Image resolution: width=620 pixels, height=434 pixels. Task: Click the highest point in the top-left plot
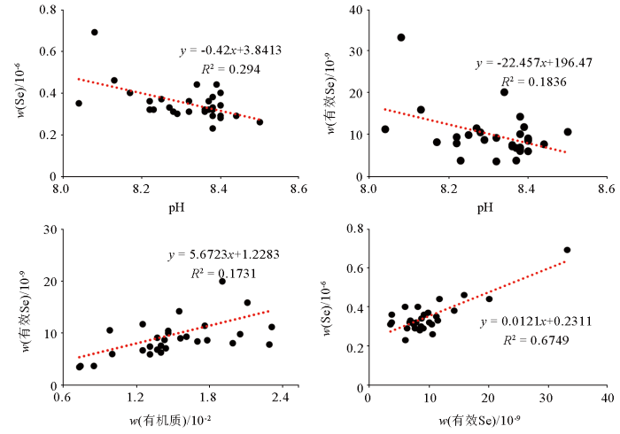pyautogui.click(x=94, y=32)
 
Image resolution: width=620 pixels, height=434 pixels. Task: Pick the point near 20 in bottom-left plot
pyautogui.click(x=222, y=281)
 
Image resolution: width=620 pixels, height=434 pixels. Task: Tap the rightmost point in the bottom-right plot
pyautogui.click(x=567, y=250)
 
